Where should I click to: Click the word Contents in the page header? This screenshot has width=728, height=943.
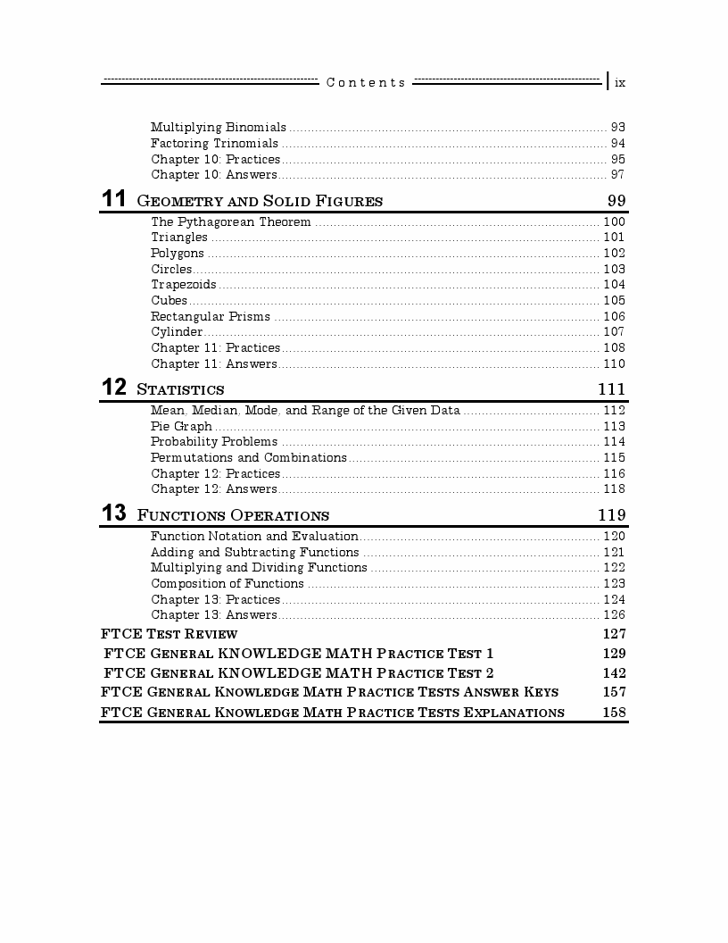pyautogui.click(x=366, y=82)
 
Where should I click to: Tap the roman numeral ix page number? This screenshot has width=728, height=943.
pyautogui.click(x=620, y=82)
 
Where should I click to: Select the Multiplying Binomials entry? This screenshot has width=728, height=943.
pyautogui.click(x=219, y=128)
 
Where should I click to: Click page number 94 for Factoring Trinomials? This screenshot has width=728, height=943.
pyautogui.click(x=617, y=144)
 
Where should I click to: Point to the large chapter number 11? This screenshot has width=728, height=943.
pyautogui.click(x=113, y=199)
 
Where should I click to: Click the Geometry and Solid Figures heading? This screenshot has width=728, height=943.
pyautogui.click(x=260, y=201)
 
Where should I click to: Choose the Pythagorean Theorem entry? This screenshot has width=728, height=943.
pyautogui.click(x=231, y=222)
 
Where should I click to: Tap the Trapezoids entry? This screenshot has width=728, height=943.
pyautogui.click(x=184, y=285)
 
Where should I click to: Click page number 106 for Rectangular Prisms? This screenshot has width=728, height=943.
pyautogui.click(x=615, y=317)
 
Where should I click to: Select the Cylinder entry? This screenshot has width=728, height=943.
pyautogui.click(x=177, y=332)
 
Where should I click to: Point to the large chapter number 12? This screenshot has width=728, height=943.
pyautogui.click(x=113, y=388)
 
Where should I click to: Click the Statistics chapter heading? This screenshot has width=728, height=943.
pyautogui.click(x=180, y=389)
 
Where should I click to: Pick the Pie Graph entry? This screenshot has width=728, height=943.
pyautogui.click(x=182, y=427)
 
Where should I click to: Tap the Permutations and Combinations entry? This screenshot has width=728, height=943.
pyautogui.click(x=249, y=458)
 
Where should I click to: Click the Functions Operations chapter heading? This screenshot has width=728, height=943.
pyautogui.click(x=233, y=515)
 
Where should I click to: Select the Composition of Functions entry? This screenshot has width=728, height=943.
pyautogui.click(x=227, y=584)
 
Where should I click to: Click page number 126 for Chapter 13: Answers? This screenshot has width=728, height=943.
pyautogui.click(x=615, y=615)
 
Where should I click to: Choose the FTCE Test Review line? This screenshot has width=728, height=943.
pyautogui.click(x=170, y=634)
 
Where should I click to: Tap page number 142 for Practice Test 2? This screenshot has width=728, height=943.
pyautogui.click(x=615, y=673)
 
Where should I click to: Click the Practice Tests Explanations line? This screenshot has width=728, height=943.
pyautogui.click(x=333, y=713)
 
